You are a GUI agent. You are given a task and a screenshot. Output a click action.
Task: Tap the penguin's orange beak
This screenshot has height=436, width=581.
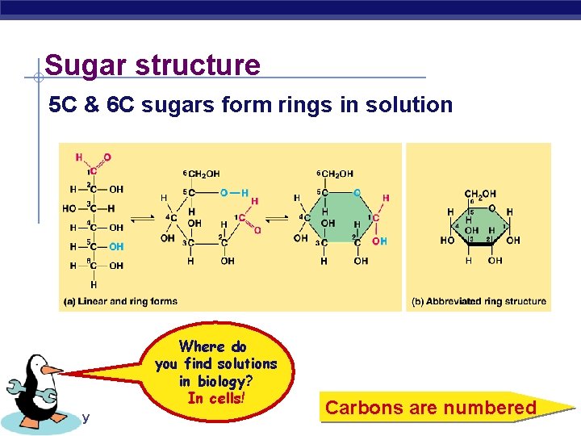click(50, 370)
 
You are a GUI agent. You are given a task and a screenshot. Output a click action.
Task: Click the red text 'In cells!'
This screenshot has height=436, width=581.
click(215, 398)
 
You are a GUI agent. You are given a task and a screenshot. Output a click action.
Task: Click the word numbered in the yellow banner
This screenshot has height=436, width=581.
click(492, 408)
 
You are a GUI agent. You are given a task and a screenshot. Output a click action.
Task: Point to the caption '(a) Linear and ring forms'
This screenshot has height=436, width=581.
click(120, 301)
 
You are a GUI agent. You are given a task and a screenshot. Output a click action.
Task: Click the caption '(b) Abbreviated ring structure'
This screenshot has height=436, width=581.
click(479, 301)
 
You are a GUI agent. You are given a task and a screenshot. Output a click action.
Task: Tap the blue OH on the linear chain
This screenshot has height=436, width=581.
click(116, 246)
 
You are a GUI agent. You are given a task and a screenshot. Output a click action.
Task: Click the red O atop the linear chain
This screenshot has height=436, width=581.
click(107, 157)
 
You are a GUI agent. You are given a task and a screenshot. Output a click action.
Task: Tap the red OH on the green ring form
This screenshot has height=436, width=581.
click(379, 241)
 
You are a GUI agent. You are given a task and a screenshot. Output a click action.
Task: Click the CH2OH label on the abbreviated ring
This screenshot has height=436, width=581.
click(480, 194)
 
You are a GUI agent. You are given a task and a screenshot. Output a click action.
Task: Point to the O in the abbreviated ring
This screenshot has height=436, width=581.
click(491, 208)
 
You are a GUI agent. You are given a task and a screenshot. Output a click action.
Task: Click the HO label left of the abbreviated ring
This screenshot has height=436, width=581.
click(447, 240)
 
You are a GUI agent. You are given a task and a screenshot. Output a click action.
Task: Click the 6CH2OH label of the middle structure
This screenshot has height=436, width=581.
click(201, 174)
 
